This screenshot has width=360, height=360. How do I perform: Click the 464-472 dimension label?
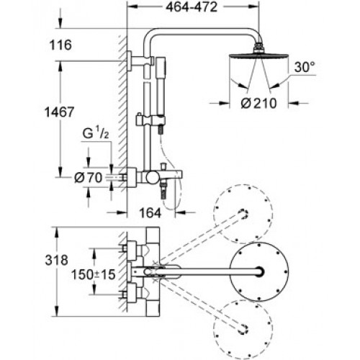(192, 7)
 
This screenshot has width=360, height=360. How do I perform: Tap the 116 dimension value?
(60, 45)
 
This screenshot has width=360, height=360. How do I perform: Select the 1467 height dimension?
(60, 112)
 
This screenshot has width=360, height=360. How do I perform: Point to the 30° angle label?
(305, 67)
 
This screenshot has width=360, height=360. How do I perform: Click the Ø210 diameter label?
(258, 104)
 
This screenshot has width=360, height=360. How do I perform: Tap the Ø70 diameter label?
(89, 178)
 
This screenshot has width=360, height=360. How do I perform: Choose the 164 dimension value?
(150, 212)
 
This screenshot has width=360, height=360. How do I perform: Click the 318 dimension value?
(56, 260)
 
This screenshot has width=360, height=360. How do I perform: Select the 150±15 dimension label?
(94, 274)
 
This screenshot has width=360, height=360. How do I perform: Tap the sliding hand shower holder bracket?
(150, 120)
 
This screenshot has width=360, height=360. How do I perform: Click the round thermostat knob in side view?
(152, 178)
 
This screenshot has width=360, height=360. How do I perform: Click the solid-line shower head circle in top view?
(259, 271)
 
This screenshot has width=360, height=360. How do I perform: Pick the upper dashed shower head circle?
(243, 214)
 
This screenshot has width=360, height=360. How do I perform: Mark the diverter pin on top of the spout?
(164, 167)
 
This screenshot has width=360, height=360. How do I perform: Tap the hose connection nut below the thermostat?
(164, 190)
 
